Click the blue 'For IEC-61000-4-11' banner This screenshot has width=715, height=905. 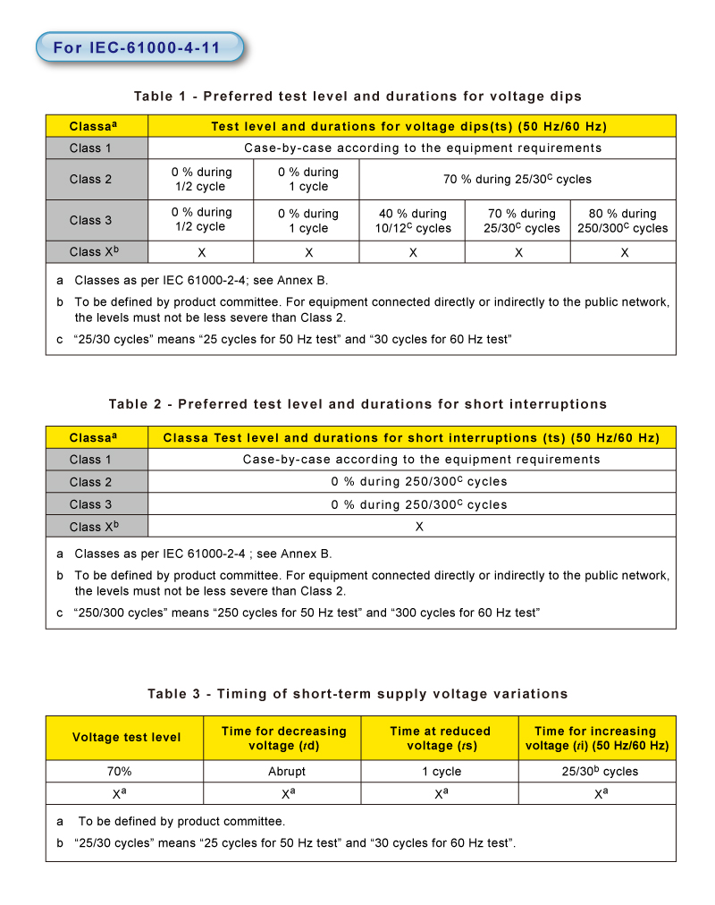[x=138, y=47]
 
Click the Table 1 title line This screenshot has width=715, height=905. [x=357, y=96]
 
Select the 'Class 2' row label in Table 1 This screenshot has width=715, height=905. [x=91, y=179]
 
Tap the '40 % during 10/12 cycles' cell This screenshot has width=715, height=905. [x=412, y=220]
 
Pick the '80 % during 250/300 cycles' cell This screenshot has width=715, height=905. [x=624, y=220]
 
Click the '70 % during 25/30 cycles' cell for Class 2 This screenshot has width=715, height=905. [x=517, y=179]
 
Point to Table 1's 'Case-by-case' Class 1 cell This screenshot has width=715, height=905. [x=423, y=148]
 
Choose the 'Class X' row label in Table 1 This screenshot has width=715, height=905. [x=94, y=251]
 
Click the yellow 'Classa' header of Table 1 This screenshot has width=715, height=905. [x=97, y=126]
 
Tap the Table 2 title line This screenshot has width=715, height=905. [x=357, y=404]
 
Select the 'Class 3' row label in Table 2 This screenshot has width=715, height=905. [x=91, y=504]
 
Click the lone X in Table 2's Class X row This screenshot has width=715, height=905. [x=419, y=527]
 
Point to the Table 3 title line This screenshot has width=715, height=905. [x=357, y=694]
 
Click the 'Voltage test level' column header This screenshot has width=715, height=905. [x=126, y=738]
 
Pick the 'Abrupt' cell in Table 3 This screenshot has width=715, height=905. [x=286, y=771]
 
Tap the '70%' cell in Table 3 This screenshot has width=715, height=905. [x=125, y=771]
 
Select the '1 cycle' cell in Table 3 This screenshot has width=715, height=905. [x=441, y=771]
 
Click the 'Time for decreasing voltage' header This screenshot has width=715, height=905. [x=283, y=738]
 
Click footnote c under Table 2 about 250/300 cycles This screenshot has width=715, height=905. [x=304, y=613]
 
